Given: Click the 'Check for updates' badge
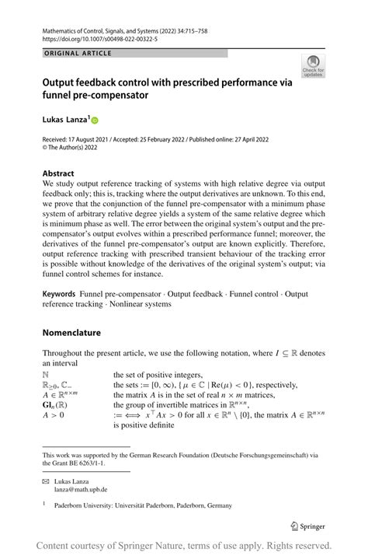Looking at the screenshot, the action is point(313,65).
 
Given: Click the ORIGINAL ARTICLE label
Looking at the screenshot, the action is point(78,53).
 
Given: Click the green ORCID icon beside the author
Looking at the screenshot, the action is point(95,120).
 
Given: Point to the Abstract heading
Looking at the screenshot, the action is point(58,173).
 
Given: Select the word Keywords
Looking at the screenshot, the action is point(59,295).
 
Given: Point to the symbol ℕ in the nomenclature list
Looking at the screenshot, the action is point(46,374).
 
